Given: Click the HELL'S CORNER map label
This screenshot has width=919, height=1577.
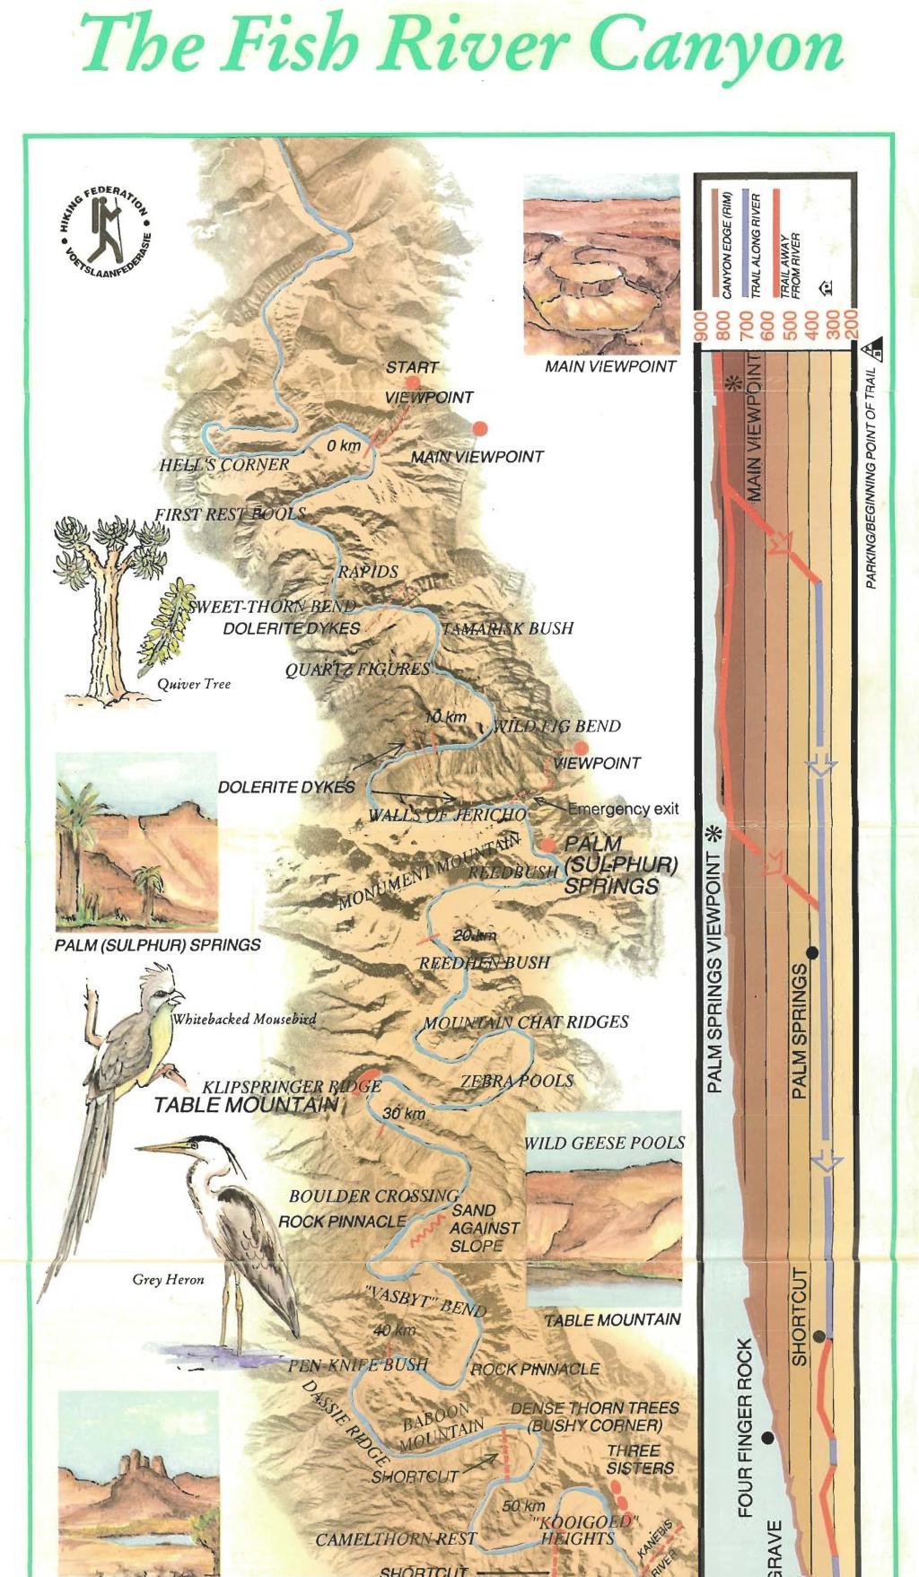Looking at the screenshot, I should click(224, 465).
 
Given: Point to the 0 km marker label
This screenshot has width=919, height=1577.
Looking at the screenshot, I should click(344, 445).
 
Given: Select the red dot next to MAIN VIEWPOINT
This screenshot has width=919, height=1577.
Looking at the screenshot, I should click(480, 429).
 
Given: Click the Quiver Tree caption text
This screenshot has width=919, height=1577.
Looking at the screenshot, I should click(194, 684).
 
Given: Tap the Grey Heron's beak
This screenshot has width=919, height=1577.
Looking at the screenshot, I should click(162, 1147).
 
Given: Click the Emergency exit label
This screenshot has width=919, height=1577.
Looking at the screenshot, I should click(623, 809).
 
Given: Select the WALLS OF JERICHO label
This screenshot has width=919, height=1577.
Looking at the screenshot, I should click(448, 815).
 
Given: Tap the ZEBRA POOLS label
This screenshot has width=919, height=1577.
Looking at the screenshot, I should click(517, 1081).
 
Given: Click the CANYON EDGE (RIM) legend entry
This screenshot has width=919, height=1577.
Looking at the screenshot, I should click(727, 244).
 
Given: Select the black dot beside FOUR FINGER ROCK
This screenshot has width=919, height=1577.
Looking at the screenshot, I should click(766, 1437).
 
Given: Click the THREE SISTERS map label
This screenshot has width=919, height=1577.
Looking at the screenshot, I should click(639, 1459).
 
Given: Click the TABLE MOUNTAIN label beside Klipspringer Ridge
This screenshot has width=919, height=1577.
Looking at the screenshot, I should click(245, 1105).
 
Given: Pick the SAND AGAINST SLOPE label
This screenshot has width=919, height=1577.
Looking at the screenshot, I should click(485, 1228).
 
